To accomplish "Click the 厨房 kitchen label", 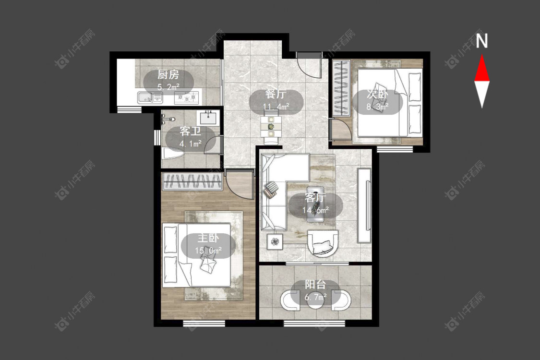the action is (x=168, y=74).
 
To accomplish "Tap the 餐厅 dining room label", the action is (x=276, y=95).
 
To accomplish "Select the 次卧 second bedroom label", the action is (x=377, y=94).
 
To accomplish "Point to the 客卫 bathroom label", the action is (x=191, y=131).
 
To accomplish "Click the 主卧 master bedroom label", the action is (x=208, y=238).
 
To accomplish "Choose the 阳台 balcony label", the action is (x=315, y=285).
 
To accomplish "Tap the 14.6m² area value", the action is (x=315, y=210).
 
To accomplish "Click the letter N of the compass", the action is (x=482, y=41).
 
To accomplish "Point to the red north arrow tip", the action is (x=482, y=54).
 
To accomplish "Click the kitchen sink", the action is (x=150, y=97).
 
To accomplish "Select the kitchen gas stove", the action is (x=187, y=98).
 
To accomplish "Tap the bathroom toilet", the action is (x=172, y=154).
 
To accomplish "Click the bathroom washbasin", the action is (x=208, y=118).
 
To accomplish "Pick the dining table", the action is (x=271, y=126).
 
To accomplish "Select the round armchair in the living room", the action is (x=323, y=243).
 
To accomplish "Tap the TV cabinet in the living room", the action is (x=364, y=205).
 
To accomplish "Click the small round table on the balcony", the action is (x=315, y=299).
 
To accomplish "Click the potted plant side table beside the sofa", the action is (x=275, y=241).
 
